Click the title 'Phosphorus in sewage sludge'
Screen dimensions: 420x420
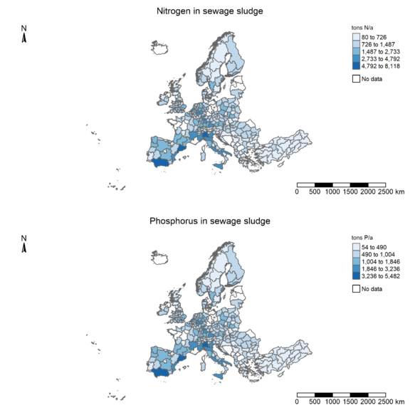point(209,221)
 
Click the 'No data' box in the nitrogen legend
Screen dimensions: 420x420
point(356,78)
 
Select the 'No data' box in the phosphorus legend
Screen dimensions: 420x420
point(356,288)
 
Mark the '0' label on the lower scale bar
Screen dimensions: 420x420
point(297,401)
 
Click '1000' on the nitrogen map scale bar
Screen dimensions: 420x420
point(332,191)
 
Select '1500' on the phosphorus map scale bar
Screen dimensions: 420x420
point(350,401)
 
